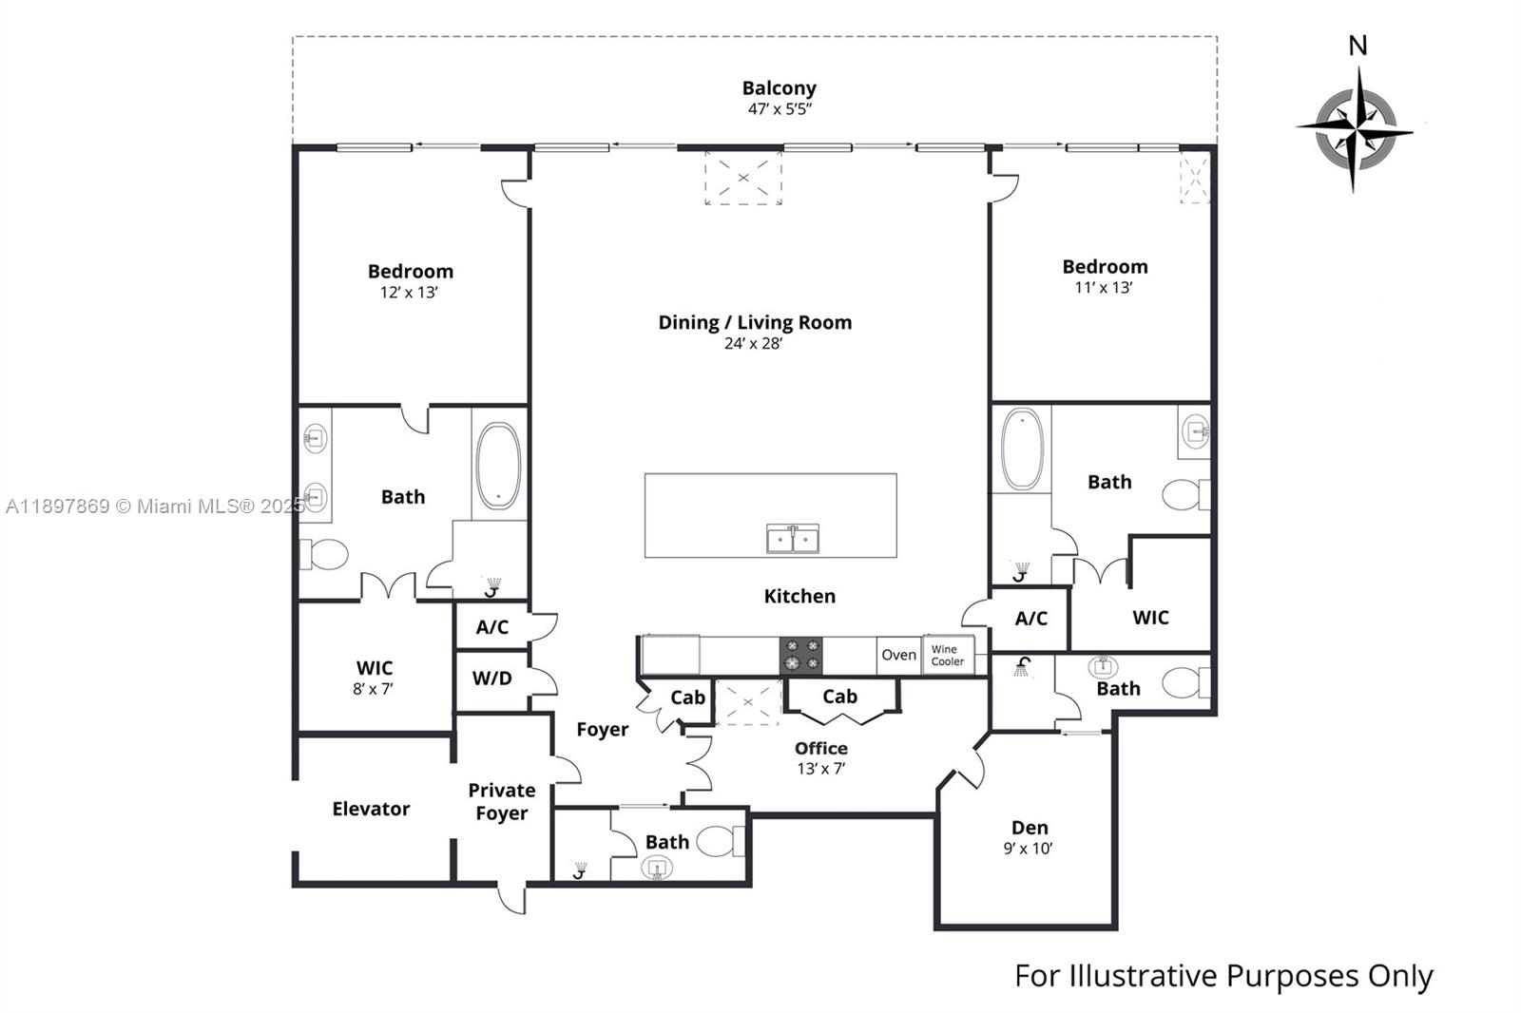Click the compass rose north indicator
coord(1357,46)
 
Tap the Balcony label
coord(779,87)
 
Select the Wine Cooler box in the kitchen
coord(948,656)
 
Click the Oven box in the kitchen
coord(898,655)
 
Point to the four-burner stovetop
coord(801,655)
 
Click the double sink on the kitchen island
coord(794,539)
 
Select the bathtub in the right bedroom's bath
coord(1022,449)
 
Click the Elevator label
coord(371,809)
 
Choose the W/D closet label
coord(491,679)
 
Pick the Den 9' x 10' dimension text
coord(1028,849)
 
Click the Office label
coord(820,748)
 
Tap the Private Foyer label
coord(501,801)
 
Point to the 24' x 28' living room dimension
coord(753,344)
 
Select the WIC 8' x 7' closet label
coord(374,677)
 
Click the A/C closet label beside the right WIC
coord(1030,619)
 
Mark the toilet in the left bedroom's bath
coord(325,554)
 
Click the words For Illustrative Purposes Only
coord(1223,976)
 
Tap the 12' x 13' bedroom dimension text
coord(409,293)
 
